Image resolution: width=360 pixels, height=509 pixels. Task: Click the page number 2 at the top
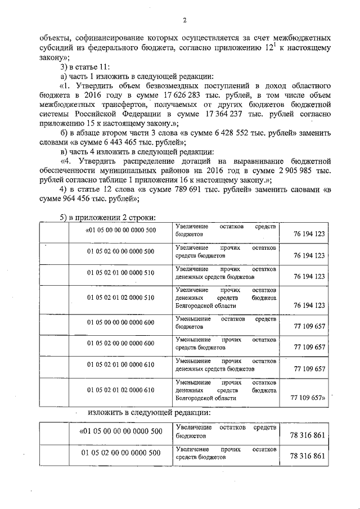(184, 21)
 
